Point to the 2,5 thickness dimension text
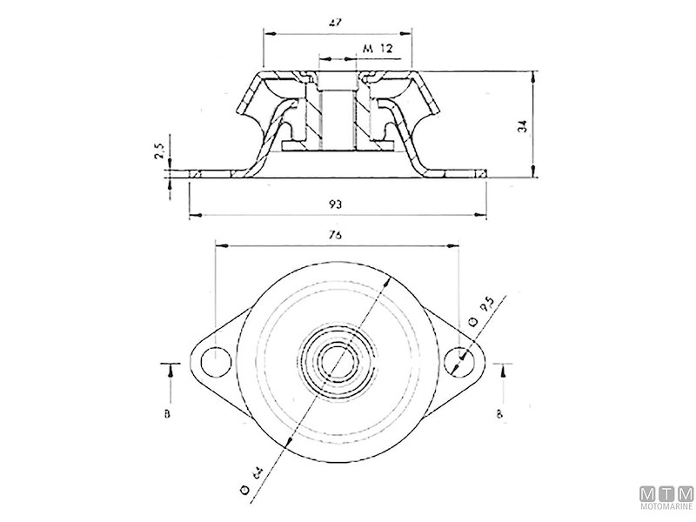point(159,153)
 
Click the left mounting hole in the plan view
point(212,360)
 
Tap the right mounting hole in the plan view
point(458,361)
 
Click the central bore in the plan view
point(336,360)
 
